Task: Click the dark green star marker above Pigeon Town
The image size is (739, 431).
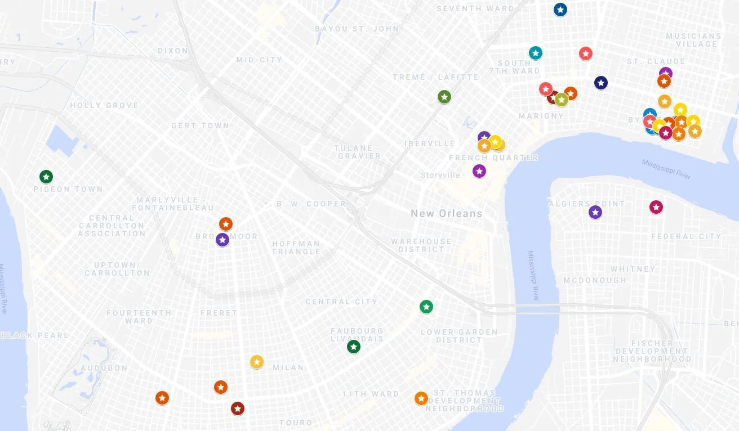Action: [x=46, y=177]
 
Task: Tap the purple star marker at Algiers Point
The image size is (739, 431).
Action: [x=595, y=212]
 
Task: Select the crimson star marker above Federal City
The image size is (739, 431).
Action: [x=656, y=207]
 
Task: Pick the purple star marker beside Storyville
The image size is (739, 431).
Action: [x=479, y=171]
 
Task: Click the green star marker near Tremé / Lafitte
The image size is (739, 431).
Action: [x=444, y=97]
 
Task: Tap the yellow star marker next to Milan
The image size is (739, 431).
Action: [x=257, y=362]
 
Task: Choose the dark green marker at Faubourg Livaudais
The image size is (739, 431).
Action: [x=354, y=347]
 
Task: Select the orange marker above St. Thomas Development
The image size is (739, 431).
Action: [x=421, y=398]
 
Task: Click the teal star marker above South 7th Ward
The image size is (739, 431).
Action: [x=536, y=53]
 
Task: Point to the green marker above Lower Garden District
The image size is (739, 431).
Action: [x=426, y=307]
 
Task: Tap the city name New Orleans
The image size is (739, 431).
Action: [x=446, y=214]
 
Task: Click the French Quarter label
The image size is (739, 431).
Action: [x=493, y=158]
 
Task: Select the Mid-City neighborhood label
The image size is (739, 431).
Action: [x=259, y=60]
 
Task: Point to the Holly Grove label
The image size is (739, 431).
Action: [x=104, y=105]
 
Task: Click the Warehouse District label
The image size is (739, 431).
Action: [x=421, y=245]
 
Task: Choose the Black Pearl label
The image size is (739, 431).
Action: [x=35, y=335]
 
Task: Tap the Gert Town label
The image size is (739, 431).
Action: [x=200, y=125]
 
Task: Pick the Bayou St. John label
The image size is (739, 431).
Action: [x=357, y=29]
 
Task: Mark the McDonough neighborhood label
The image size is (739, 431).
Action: [x=595, y=280]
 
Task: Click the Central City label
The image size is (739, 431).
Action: [x=341, y=302]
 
